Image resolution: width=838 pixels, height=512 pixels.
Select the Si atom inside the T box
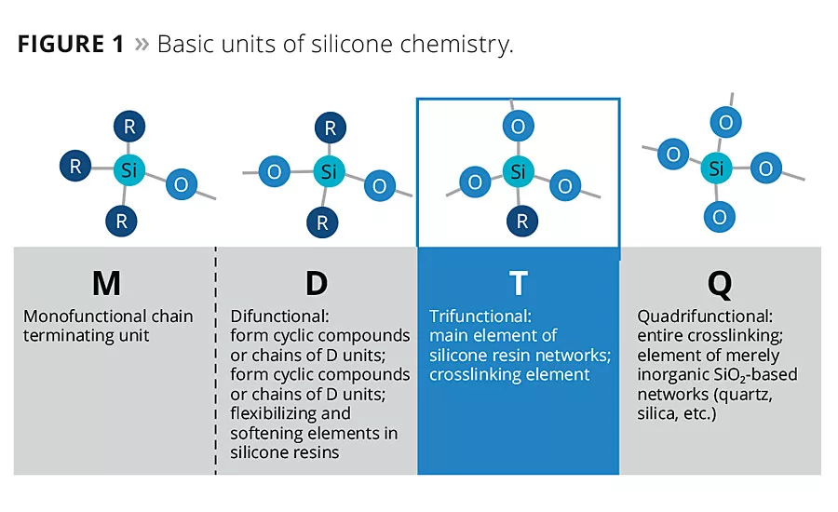tap(519, 171)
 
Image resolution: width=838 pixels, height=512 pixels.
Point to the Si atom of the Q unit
tap(716, 168)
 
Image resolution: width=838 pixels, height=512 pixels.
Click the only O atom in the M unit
tap(181, 184)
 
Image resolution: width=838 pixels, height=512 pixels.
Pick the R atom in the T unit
tap(521, 222)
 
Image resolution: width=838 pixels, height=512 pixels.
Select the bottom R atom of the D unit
tap(322, 222)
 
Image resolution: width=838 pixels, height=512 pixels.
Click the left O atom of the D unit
tap(274, 171)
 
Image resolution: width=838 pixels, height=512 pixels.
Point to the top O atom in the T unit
tap(519, 126)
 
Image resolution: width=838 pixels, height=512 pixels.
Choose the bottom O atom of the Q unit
tap(719, 217)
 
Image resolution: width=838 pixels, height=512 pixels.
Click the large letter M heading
tap(107, 282)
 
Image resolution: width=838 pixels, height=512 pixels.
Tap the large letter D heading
tap(316, 282)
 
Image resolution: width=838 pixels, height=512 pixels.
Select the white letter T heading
tap(518, 282)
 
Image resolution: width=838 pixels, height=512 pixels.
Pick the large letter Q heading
tap(720, 282)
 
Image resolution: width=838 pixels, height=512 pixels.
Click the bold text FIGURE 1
tap(71, 45)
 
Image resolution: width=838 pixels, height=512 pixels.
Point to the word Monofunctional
tap(82, 317)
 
